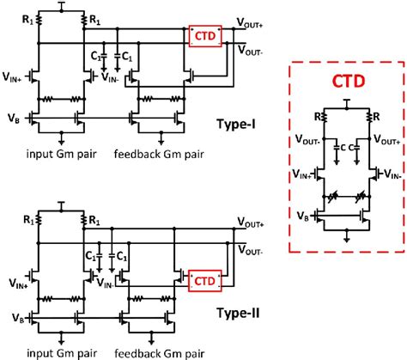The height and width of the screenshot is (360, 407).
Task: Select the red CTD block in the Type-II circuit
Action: pyautogui.click(x=202, y=280)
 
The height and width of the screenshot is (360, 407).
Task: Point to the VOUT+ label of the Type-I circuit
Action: pyautogui.click(x=250, y=25)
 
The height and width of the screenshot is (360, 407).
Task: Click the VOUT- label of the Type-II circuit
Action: pyautogui.click(x=250, y=254)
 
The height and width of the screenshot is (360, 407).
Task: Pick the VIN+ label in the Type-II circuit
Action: pyautogui.click(x=13, y=278)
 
